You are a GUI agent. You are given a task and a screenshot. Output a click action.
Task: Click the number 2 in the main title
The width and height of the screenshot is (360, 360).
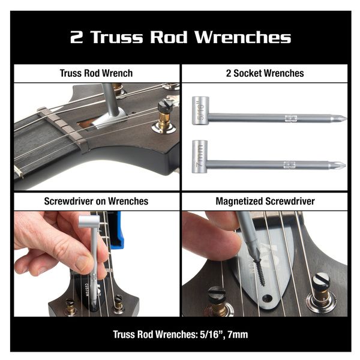click(76, 38)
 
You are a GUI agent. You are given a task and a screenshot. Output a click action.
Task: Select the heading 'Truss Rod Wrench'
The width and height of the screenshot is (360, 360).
click(97, 73)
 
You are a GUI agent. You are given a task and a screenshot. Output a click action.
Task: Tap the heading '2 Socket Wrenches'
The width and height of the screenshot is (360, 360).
click(264, 73)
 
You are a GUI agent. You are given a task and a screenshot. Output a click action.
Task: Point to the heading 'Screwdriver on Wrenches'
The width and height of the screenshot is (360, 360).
click(97, 202)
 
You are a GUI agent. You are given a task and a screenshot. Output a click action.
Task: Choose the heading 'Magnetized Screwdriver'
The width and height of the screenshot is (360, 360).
click(264, 202)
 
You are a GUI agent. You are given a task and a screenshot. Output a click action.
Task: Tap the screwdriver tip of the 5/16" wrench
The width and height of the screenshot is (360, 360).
click(341, 118)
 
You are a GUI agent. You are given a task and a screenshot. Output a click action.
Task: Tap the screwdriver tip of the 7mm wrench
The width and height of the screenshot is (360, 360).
click(341, 165)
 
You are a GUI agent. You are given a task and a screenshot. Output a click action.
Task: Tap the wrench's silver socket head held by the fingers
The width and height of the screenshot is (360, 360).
click(91, 222)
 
